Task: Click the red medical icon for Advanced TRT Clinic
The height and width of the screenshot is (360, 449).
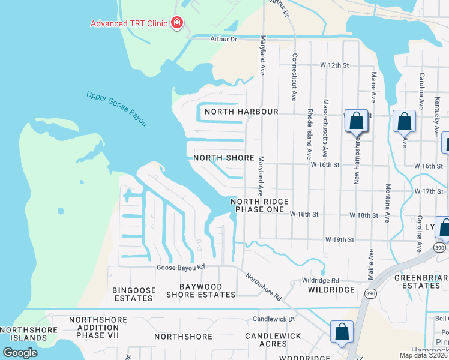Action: (176, 23)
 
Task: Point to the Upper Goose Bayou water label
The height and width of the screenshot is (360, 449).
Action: (116, 108)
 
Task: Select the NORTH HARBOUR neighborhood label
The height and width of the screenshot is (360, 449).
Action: (241, 112)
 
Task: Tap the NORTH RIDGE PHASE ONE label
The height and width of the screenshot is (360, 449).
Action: (260, 205)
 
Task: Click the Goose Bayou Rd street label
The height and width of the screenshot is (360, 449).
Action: (181, 268)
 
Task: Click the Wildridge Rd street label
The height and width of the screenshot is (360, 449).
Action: (321, 280)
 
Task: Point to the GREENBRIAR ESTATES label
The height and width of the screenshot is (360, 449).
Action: (421, 281)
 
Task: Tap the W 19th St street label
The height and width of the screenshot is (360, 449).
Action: (340, 239)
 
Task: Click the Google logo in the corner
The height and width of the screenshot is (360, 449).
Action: (20, 352)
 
